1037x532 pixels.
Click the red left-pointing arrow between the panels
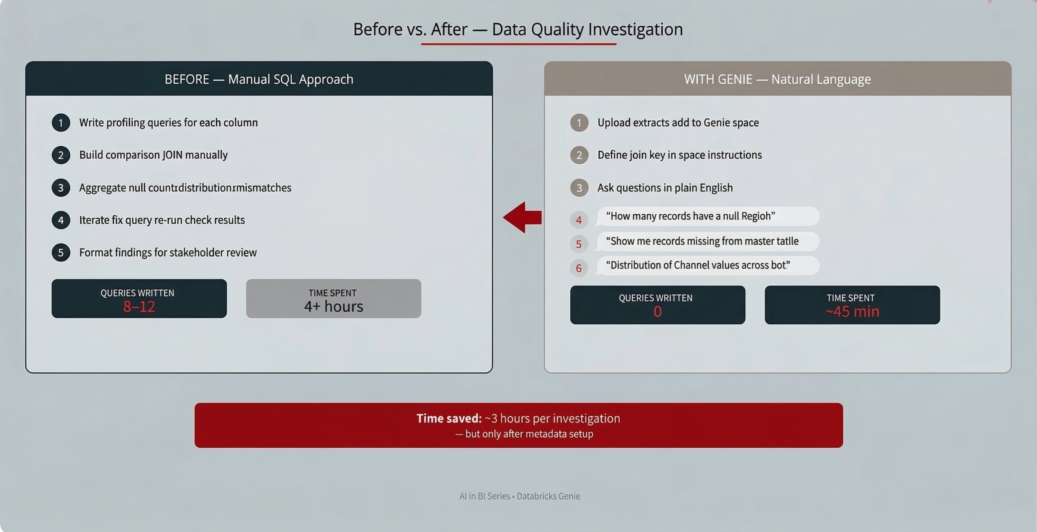[522, 217]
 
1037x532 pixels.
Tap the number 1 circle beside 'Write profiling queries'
[61, 123]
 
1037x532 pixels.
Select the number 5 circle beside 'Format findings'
[61, 252]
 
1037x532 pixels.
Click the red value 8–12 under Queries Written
[139, 307]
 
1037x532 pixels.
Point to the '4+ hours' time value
[333, 306]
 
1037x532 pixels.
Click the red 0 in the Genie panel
[657, 312]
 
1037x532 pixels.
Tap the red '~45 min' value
[852, 312]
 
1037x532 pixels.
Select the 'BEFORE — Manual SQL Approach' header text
[259, 79]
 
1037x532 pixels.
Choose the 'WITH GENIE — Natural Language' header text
[777, 79]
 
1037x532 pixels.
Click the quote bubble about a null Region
[708, 216]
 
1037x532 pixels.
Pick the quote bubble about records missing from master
[708, 241]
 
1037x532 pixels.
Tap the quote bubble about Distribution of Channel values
[708, 265]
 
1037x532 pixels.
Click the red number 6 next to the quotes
[579, 268]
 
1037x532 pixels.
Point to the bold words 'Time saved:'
[449, 418]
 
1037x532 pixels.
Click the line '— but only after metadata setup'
[524, 434]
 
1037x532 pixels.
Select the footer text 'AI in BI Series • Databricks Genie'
[520, 496]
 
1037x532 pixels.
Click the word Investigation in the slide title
[635, 29]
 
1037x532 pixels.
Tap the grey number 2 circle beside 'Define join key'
[579, 155]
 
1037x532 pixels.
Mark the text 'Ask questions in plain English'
[665, 188]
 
